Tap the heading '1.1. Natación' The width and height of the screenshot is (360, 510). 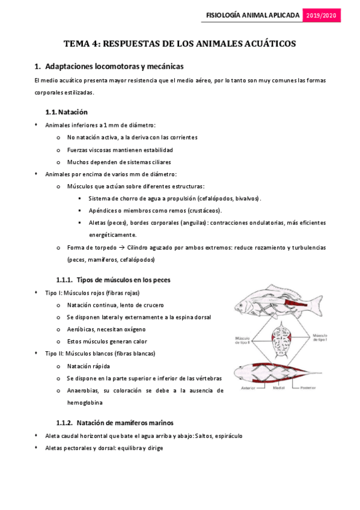click(x=67, y=112)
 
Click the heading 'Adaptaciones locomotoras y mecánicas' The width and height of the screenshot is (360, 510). click(x=114, y=66)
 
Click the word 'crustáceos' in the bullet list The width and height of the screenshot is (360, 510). click(x=204, y=210)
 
